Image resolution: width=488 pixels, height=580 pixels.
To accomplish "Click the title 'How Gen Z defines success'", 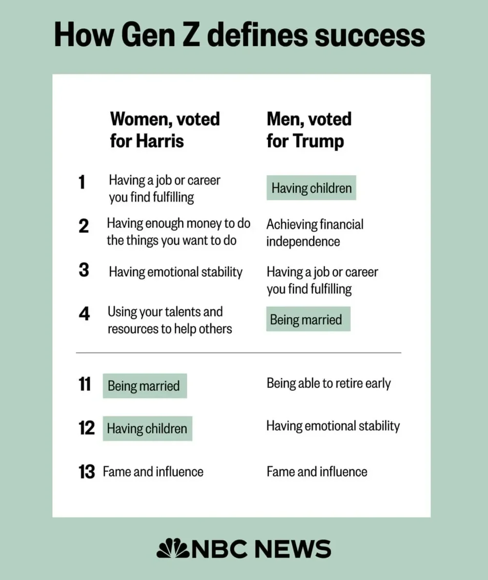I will pos(239,35).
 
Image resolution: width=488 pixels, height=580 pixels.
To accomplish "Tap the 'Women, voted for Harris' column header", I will pos(165,130).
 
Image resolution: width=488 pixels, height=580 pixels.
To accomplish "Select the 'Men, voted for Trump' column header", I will pos(309,130).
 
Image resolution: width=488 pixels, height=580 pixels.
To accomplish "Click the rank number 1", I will pos(81,183).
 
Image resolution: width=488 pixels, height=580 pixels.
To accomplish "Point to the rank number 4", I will pos(83,314).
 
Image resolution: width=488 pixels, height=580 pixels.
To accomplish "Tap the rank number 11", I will pos(84,385).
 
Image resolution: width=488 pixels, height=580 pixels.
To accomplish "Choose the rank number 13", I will pos(86,472).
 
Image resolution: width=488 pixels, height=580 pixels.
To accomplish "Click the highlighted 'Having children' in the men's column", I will pos(311,188).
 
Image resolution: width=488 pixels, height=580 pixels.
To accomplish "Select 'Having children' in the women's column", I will pos(147,428).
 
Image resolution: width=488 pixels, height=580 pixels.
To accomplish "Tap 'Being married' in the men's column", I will pos(306,320).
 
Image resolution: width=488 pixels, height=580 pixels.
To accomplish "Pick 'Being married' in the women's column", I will pos(144,386).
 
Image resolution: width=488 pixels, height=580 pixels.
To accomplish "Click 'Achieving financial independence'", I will pos(315,233).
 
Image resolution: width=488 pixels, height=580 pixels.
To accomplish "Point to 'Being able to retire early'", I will pos(328,383).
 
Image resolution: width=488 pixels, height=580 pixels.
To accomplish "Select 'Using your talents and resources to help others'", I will pos(169,320).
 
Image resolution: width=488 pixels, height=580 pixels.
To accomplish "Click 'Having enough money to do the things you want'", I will pos(179,232).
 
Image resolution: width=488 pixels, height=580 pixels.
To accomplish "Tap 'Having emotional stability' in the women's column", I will pos(176,271).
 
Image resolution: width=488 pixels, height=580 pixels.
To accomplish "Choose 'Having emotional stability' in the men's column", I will pos(333,426).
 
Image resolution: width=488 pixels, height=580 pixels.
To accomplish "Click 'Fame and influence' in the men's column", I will pos(317,472).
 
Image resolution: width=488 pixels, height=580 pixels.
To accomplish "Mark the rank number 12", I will pos(86,428).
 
